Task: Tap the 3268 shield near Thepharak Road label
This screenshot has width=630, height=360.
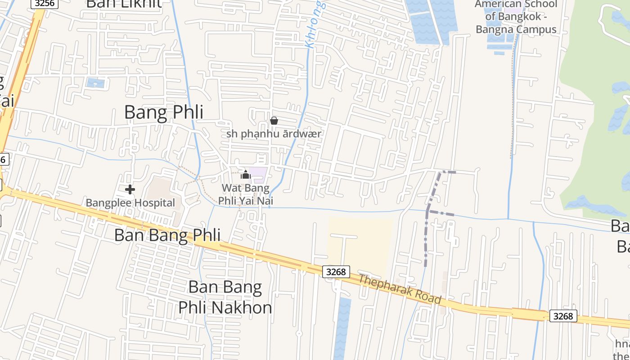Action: pyautogui.click(x=336, y=271)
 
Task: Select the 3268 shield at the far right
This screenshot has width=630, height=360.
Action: pyautogui.click(x=563, y=316)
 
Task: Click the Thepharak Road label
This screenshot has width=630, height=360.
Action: pyautogui.click(x=399, y=289)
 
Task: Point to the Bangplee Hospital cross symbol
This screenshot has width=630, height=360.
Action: pyautogui.click(x=130, y=189)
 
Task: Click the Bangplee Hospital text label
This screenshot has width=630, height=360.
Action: pyautogui.click(x=130, y=203)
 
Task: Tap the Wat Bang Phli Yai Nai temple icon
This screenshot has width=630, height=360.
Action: pyautogui.click(x=246, y=175)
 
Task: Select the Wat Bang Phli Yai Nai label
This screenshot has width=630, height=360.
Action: pyautogui.click(x=246, y=194)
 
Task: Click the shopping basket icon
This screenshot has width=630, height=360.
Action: pyautogui.click(x=274, y=121)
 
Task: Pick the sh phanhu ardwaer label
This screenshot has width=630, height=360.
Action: pyautogui.click(x=274, y=134)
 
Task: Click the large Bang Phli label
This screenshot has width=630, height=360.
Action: pyautogui.click(x=163, y=112)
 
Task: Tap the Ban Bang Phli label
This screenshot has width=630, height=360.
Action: pyautogui.click(x=167, y=235)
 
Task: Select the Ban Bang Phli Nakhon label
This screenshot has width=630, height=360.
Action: pyautogui.click(x=225, y=297)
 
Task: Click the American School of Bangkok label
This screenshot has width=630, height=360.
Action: pyautogui.click(x=516, y=17)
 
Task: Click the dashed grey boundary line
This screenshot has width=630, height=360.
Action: pyautogui.click(x=426, y=238)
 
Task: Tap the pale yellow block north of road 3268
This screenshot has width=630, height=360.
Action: pyautogui.click(x=360, y=243)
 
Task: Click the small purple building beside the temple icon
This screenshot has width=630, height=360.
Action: pyautogui.click(x=259, y=175)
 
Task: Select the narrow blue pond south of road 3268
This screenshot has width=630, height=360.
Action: pyautogui.click(x=343, y=328)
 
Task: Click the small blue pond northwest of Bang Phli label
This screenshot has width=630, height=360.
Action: pyautogui.click(x=95, y=83)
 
